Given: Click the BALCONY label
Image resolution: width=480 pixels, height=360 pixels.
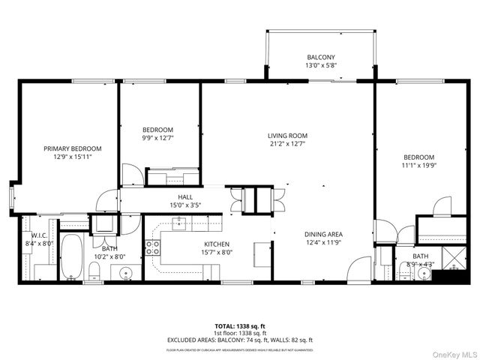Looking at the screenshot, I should click(319, 58).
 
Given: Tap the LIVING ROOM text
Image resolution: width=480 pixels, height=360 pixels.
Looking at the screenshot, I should click(288, 136).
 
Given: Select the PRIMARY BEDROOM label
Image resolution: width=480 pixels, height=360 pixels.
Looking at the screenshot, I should click(72, 148).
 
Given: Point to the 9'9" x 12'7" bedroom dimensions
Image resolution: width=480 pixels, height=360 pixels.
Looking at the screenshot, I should click(158, 137).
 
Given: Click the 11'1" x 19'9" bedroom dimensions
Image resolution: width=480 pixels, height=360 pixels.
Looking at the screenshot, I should click(418, 165).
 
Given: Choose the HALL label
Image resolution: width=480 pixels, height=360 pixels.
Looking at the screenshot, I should click(185, 196).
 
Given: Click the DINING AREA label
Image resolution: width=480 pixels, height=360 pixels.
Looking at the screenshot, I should click(324, 233).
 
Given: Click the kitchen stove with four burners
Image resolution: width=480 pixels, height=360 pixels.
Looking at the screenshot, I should click(153, 247).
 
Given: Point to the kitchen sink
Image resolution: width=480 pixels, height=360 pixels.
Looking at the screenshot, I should click(181, 222).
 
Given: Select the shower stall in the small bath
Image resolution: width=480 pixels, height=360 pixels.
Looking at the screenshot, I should click(451, 258).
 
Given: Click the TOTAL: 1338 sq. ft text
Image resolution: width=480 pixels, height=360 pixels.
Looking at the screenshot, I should click(240, 326).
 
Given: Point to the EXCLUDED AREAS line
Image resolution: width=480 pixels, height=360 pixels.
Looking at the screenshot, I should click(240, 340).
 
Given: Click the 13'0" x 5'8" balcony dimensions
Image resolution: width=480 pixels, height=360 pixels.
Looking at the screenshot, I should click(319, 66).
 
